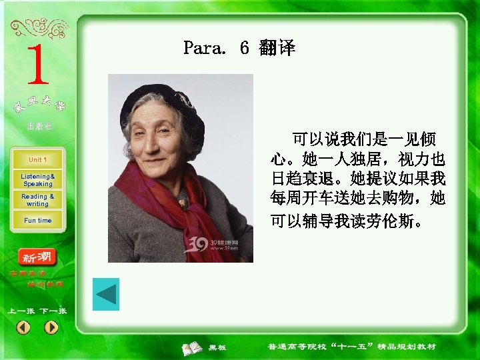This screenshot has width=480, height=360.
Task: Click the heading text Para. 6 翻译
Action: click(239, 48)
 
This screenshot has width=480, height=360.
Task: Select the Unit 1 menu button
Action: click(37, 160)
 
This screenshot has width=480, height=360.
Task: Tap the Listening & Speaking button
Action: click(37, 180)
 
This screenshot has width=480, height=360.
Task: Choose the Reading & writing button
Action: click(37, 200)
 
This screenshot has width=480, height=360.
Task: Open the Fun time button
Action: click(37, 221)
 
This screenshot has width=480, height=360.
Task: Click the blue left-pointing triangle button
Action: click(106, 294)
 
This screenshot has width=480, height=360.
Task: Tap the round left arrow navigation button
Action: click(23, 327)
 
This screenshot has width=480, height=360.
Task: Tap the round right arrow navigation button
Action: click(51, 327)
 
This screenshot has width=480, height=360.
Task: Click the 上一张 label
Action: click(21, 311)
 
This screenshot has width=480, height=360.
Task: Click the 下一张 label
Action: click(53, 311)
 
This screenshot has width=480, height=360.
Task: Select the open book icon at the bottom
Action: click(193, 347)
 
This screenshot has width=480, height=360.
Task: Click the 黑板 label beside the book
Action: click(218, 347)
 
